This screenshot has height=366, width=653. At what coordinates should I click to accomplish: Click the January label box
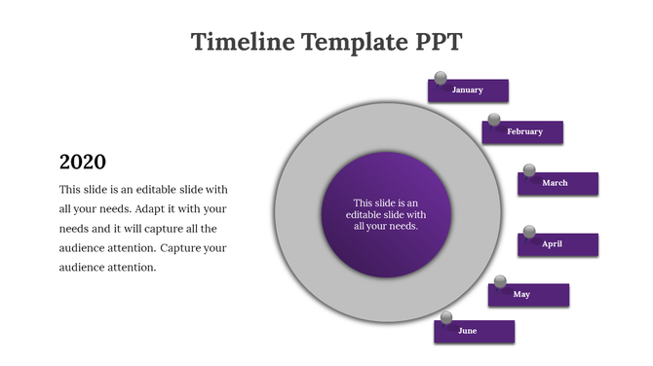469,91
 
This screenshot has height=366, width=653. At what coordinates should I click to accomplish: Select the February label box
523,131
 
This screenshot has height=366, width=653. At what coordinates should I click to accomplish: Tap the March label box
557,183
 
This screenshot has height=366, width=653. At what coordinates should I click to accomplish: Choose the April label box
557,244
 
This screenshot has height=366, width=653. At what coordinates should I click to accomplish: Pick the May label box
528,295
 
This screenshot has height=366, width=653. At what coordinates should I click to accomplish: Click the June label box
475,331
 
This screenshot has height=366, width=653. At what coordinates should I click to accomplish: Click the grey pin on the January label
440,77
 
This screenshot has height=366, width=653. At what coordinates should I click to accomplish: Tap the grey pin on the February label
494,120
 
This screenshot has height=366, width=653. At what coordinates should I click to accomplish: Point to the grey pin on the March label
529,170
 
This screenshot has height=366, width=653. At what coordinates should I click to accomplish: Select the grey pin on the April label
529,232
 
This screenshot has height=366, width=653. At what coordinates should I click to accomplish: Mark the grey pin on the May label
500,282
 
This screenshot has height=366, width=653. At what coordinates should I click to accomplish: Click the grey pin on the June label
446,317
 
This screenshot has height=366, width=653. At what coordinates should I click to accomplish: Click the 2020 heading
83,162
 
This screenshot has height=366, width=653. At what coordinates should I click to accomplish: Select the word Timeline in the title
243,42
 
